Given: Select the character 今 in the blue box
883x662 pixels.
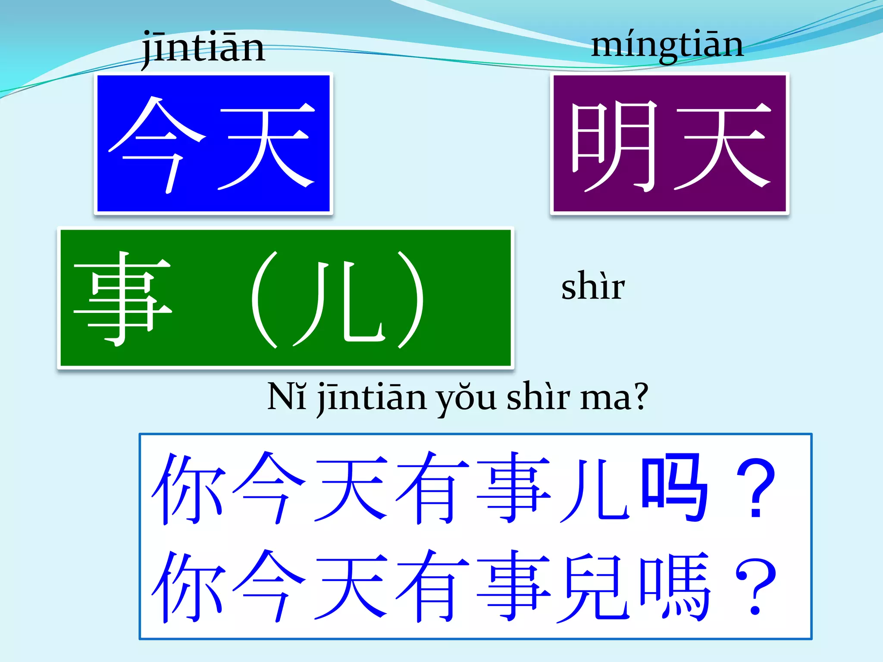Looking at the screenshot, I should click(157, 144).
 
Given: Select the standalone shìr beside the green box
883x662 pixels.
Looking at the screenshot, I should click(593, 286).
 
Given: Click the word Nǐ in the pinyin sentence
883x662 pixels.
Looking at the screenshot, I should click(287, 397).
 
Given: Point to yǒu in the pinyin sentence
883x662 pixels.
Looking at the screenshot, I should click(466, 399).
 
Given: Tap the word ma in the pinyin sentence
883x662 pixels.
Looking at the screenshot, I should click(604, 399).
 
